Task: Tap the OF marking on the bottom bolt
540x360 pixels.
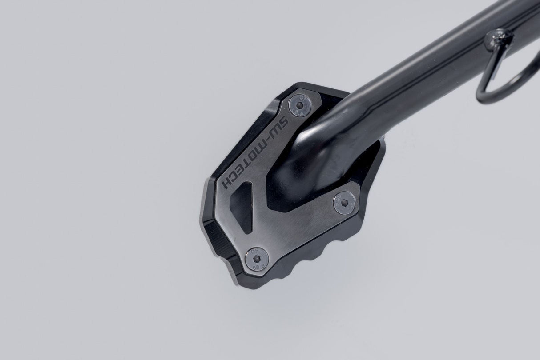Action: pyautogui.click(x=255, y=250)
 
